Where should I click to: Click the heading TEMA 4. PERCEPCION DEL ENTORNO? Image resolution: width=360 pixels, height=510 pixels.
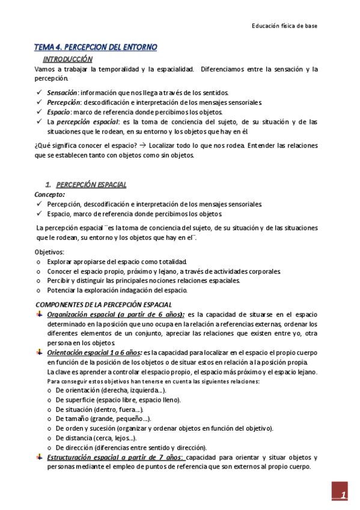pyautogui.click(x=95, y=47)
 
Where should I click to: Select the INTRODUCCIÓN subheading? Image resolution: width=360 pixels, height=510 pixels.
pyautogui.click(x=67, y=60)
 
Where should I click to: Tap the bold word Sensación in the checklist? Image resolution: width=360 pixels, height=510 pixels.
pyautogui.click(x=62, y=93)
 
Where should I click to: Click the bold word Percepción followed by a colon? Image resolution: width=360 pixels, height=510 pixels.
pyautogui.click(x=63, y=102)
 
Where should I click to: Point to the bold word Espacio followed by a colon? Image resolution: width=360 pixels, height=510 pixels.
pyautogui.click(x=58, y=112)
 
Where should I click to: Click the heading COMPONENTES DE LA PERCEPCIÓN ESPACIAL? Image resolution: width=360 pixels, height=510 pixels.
pyautogui.click(x=103, y=304)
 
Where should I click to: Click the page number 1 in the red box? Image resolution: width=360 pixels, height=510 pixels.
pyautogui.click(x=342, y=496)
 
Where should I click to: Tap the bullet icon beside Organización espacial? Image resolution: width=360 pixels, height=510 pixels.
pyautogui.click(x=39, y=315)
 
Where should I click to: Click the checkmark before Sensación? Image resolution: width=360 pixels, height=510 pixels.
pyautogui.click(x=39, y=93)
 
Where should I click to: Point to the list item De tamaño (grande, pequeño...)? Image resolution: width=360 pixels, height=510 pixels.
pyautogui.click(x=103, y=419)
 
